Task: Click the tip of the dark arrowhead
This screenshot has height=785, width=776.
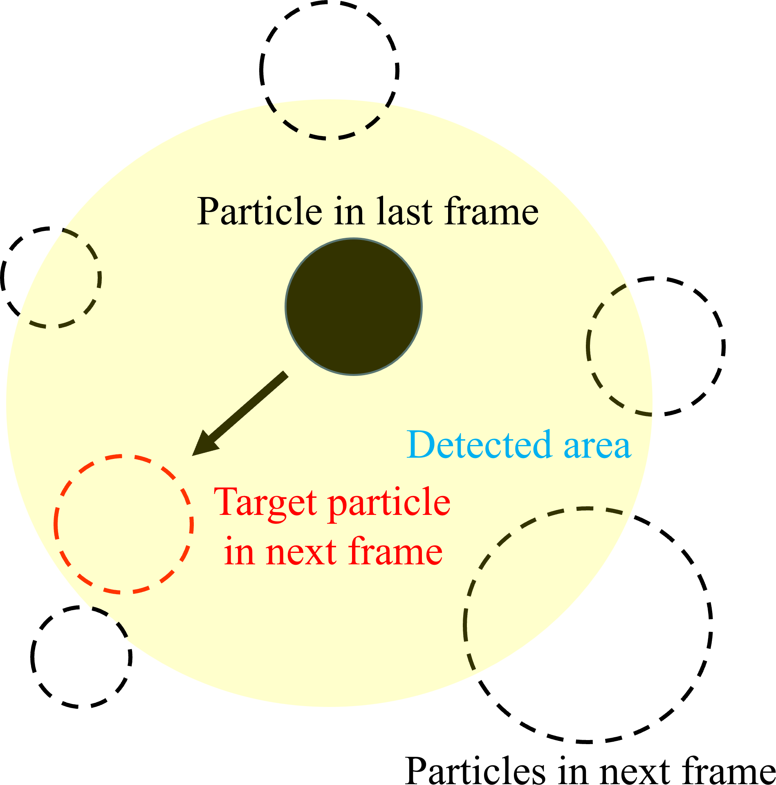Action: pyautogui.click(x=192, y=455)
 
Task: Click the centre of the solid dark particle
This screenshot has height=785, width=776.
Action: pyautogui.click(x=354, y=306)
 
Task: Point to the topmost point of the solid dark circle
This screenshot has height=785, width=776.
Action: pyautogui.click(x=354, y=238)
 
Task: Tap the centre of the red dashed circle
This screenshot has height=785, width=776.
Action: pyautogui.click(x=123, y=524)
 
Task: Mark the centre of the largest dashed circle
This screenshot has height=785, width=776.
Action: pyautogui.click(x=588, y=625)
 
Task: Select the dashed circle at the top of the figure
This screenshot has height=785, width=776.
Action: pyautogui.click(x=329, y=70)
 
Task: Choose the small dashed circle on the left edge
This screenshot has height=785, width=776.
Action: pyautogui.click(x=51, y=277)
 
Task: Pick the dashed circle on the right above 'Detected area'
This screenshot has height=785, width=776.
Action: pyautogui.click(x=655, y=346)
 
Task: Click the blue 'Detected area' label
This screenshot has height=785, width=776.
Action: pyautogui.click(x=519, y=445)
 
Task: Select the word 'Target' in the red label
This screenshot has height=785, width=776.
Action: pyautogui.click(x=265, y=503)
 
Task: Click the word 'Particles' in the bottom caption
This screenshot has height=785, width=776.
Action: pyautogui.click(x=475, y=770)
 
